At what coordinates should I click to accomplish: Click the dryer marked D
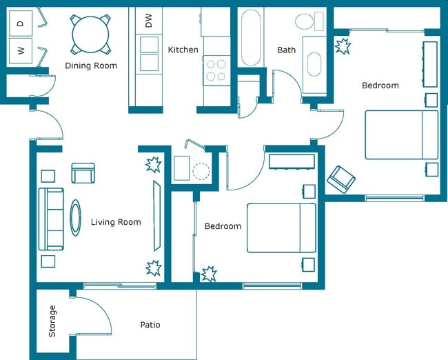pos(20,23)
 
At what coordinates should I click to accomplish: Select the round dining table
pos(90,33)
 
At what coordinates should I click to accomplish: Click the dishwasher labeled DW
pos(148,21)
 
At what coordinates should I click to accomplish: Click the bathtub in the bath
pos(250,37)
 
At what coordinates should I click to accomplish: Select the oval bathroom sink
pos(314,65)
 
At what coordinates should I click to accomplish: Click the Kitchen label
pos(183,50)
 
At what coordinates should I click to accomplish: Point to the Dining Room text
pos(90,66)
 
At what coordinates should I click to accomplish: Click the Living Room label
pos(116,222)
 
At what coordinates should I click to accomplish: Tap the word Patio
pos(150,325)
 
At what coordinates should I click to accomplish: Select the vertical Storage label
pos(52,321)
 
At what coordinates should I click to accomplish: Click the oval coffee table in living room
pos(75,218)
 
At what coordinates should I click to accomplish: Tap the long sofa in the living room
pos(50,219)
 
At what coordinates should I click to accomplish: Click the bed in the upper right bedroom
pos(401,134)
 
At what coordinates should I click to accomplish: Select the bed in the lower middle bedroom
pos(281,228)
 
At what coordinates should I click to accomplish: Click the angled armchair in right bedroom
pos(340,179)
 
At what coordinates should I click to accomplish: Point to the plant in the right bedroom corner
pos(343,48)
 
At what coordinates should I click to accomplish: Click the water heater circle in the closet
pos(201,170)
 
